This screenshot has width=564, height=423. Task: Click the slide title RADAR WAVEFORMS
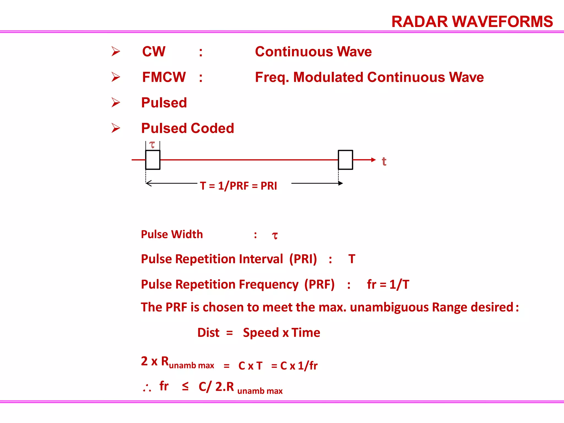click(472, 22)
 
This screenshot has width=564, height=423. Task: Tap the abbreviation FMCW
click(164, 77)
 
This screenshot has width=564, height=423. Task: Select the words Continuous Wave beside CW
click(313, 52)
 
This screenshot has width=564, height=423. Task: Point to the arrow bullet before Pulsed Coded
click(116, 128)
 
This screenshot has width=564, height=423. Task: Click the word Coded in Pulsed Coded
click(212, 128)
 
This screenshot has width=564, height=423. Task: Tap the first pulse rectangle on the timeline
click(153, 160)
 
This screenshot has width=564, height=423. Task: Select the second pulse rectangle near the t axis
click(345, 160)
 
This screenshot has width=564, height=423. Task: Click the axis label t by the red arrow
click(384, 162)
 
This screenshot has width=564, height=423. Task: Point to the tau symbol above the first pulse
click(152, 145)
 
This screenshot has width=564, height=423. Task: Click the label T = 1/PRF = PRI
click(238, 186)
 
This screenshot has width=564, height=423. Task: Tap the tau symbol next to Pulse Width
click(275, 236)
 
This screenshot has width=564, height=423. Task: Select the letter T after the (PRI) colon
click(352, 259)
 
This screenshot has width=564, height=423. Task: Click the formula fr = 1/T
click(388, 284)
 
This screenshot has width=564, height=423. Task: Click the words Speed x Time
click(281, 333)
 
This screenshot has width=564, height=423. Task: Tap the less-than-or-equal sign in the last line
click(185, 386)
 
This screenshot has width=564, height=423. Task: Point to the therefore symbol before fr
click(147, 388)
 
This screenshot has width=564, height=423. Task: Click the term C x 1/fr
click(299, 366)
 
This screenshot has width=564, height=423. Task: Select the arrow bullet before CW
click(116, 51)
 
